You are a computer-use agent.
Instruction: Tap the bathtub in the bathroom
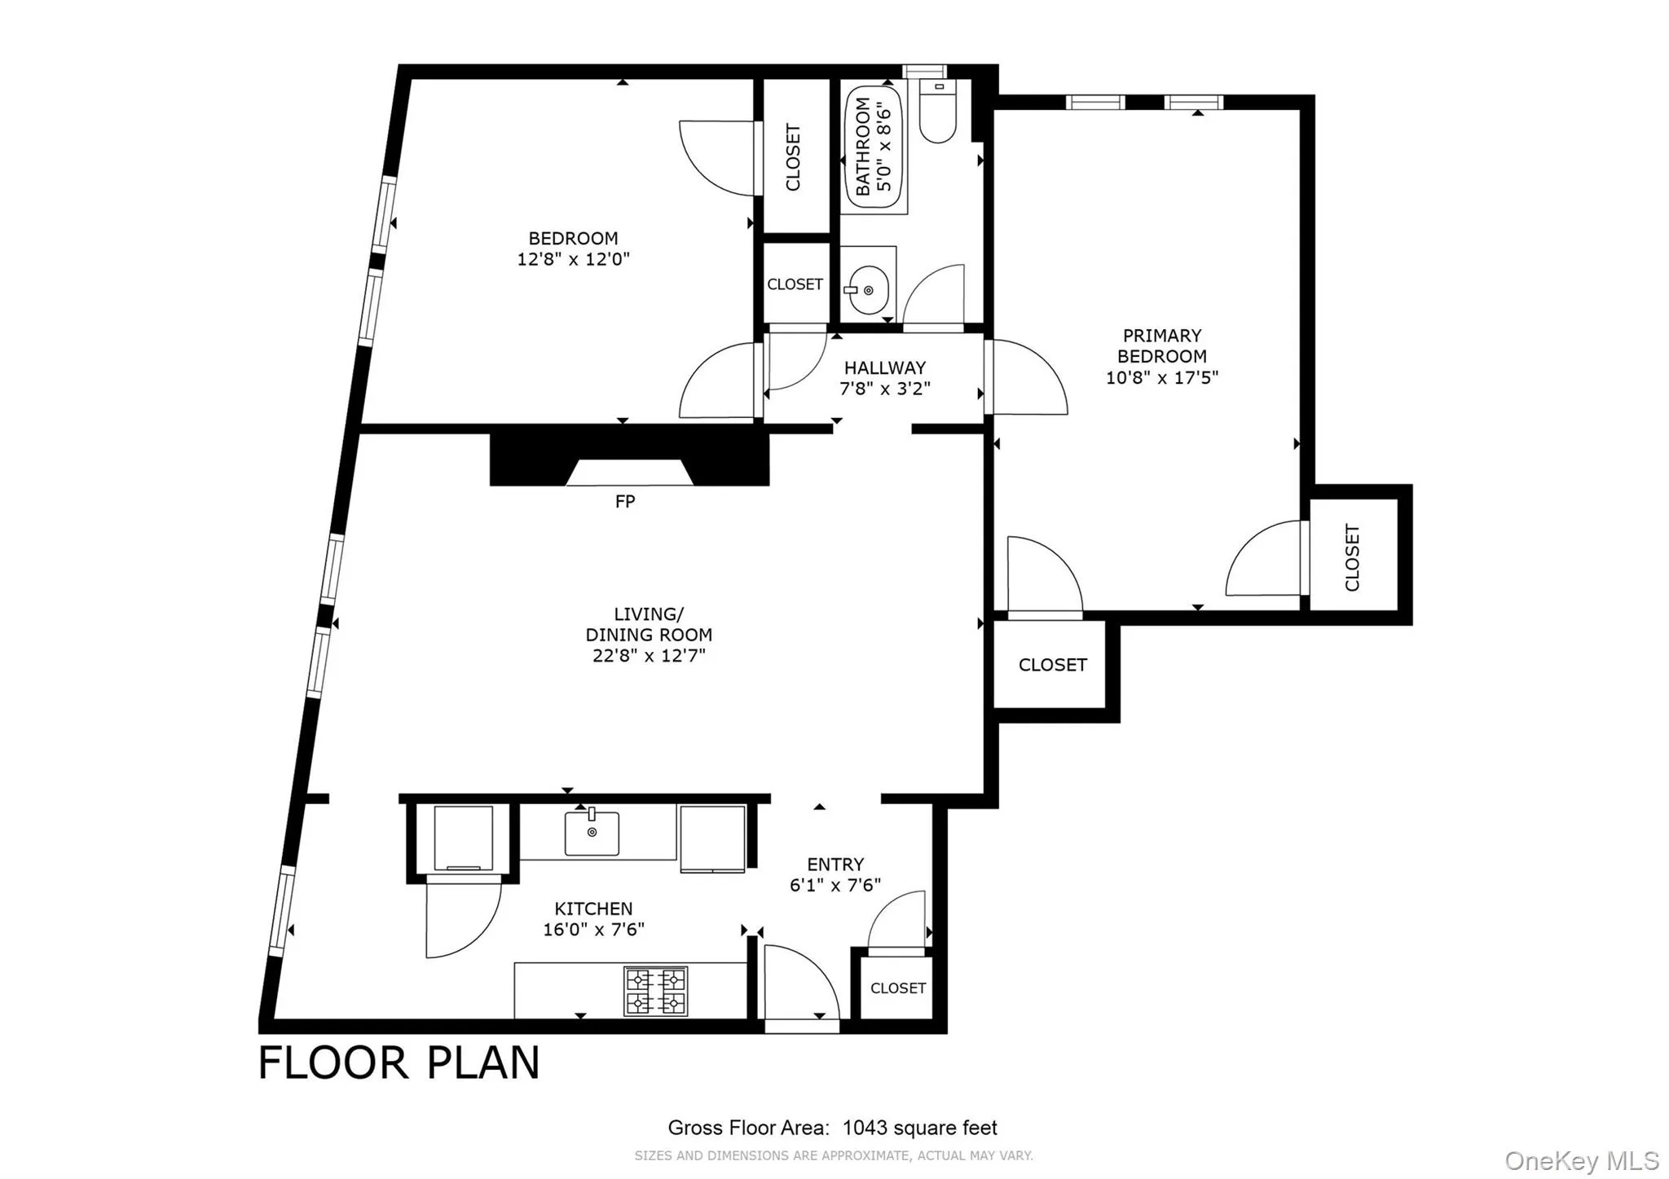coord(874,147)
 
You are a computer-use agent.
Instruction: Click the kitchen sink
coord(592,832)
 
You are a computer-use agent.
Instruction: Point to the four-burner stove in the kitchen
coord(655,991)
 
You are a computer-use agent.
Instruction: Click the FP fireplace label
coord(625,502)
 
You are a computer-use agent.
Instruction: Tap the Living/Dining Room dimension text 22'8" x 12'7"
coord(649,656)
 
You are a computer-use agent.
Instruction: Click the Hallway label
coord(885,368)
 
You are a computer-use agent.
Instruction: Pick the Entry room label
coord(835,864)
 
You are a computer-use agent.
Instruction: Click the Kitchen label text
coord(593,908)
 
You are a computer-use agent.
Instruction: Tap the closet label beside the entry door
coord(898,988)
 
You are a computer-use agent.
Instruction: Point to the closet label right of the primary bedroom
coord(1353,557)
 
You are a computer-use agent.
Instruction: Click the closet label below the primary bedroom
coord(1053,665)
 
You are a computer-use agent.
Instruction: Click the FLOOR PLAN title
coord(399,1062)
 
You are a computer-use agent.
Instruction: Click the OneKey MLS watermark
coord(1582,1160)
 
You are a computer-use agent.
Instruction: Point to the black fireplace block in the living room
coord(629,459)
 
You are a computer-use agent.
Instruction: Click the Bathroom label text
coord(863,147)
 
